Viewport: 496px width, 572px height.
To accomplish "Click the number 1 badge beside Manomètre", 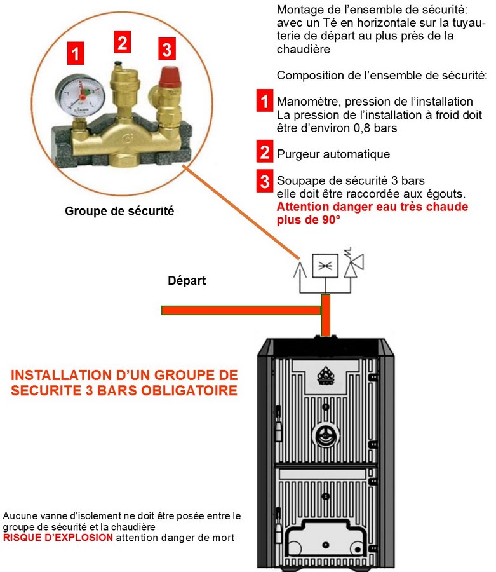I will [x=264, y=101].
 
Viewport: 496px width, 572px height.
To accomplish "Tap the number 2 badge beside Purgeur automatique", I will [x=264, y=154].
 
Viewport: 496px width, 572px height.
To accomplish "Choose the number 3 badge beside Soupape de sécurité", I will [x=264, y=181].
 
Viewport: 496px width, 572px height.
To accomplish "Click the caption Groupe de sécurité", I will [x=119, y=211].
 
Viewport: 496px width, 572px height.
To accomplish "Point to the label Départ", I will [x=187, y=280].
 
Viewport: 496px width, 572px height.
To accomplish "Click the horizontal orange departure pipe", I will [x=241, y=310].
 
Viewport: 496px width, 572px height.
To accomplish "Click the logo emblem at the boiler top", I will [x=325, y=373].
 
